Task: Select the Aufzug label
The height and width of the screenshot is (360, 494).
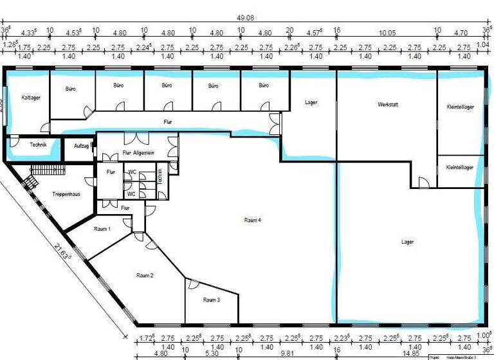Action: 80,146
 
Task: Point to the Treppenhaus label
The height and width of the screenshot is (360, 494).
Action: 66,194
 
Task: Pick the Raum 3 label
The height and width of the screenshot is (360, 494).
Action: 212,300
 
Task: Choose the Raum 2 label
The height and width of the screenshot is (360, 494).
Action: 145,275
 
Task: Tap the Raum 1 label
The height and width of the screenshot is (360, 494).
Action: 102,229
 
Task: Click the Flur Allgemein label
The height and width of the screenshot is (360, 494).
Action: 138,153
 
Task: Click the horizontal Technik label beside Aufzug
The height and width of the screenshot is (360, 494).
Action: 38,145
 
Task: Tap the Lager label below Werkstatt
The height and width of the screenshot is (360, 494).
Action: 407,242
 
